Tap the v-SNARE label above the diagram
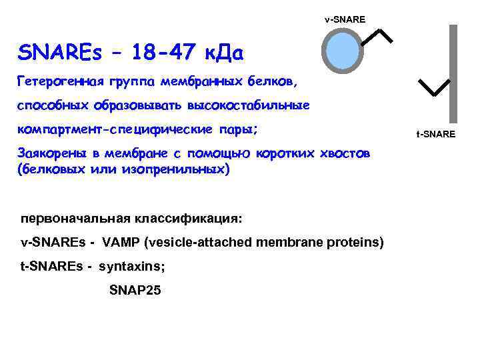click(345, 19)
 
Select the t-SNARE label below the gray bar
click(436, 135)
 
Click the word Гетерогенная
click(59, 82)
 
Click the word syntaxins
click(130, 267)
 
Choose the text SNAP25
click(135, 291)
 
